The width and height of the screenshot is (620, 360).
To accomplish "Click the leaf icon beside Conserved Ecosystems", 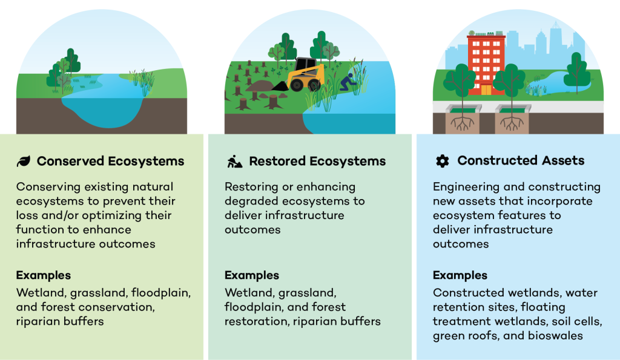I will (x=23, y=161).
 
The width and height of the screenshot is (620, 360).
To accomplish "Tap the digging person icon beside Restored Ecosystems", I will (x=234, y=161).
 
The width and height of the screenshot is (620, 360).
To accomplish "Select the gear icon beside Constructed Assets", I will (x=442, y=161).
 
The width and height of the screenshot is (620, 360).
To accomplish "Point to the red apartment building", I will (x=486, y=64).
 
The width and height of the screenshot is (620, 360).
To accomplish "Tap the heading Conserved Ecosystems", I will (x=110, y=161).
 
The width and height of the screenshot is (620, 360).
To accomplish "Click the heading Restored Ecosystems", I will (x=317, y=161).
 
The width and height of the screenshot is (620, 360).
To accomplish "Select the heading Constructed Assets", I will (x=521, y=161).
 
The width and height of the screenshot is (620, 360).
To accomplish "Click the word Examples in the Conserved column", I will (x=43, y=275).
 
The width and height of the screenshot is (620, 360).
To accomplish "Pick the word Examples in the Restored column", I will (x=252, y=275).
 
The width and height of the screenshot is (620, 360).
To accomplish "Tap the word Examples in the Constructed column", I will (x=460, y=275).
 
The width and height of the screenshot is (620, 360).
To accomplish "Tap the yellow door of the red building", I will (x=486, y=90).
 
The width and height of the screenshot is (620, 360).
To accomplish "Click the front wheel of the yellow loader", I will (x=297, y=85).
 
